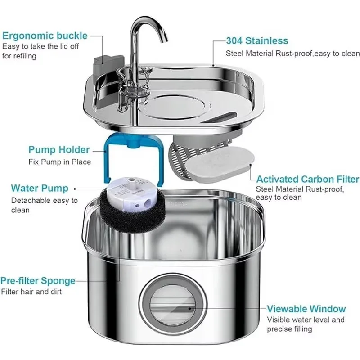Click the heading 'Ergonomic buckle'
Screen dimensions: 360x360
pyautogui.click(x=45, y=36)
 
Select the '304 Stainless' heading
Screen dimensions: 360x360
pyautogui.click(x=257, y=40)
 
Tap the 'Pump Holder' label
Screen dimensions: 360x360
pyautogui.click(x=59, y=150)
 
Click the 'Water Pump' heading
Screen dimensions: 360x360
pyautogui.click(x=40, y=188)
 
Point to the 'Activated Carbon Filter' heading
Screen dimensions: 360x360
pyautogui.click(x=308, y=179)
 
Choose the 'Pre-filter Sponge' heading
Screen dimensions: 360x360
pyautogui.click(x=38, y=280)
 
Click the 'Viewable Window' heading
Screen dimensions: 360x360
pyautogui.click(x=306, y=309)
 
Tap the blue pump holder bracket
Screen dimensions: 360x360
pyautogui.click(x=107, y=161)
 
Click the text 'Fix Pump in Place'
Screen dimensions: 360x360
pyautogui.click(x=60, y=162)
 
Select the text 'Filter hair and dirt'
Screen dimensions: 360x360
pyautogui.click(x=31, y=292)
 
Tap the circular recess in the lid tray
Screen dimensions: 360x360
pyautogui.click(x=177, y=107)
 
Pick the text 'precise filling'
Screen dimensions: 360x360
pyautogui.click(x=289, y=329)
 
